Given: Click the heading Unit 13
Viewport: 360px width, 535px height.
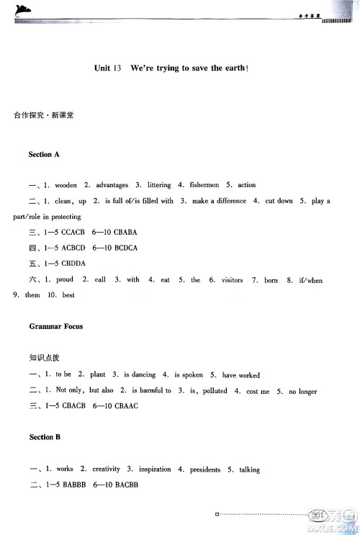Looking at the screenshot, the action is click(x=107, y=68).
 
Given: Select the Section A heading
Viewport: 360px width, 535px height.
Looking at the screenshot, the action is click(x=44, y=155).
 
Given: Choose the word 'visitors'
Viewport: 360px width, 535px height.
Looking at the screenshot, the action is click(x=232, y=279).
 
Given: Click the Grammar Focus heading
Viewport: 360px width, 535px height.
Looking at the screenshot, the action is click(x=56, y=326).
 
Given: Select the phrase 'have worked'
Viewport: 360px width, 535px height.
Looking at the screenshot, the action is click(x=241, y=375).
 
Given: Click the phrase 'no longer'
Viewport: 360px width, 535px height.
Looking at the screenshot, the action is click(x=302, y=391).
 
